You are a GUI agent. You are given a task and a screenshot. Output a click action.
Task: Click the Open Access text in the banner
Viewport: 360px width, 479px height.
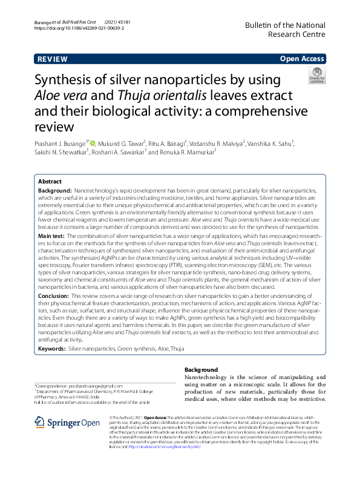click(302, 59)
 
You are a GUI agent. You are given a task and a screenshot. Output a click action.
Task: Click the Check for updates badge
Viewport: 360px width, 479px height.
click(316, 76)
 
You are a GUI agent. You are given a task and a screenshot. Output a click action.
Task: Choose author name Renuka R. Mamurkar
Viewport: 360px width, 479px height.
click(187, 153)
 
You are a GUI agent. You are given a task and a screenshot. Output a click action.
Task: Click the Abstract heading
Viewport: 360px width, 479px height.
click(50, 182)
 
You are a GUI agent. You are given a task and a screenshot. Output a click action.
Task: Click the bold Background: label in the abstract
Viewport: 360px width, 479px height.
click(54, 190)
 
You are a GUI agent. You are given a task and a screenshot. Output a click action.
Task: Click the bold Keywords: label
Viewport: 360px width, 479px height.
click(51, 349)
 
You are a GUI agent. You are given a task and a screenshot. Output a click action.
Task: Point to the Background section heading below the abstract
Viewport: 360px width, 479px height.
click(200, 369)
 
